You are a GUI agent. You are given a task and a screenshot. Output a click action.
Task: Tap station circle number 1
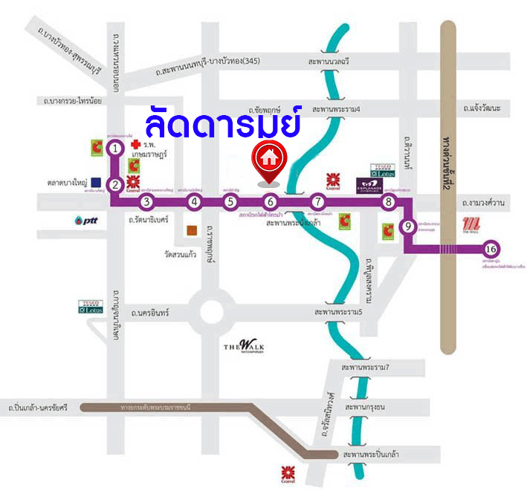click(x=115, y=149)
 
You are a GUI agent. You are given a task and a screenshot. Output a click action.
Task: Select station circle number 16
click(x=491, y=250)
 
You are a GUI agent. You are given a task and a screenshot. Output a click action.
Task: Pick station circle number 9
click(x=407, y=226)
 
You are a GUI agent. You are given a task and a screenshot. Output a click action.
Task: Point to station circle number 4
click(x=195, y=201)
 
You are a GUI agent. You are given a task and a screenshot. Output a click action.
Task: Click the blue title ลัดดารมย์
click(x=223, y=121)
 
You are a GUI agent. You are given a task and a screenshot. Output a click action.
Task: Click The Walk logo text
click(x=244, y=346)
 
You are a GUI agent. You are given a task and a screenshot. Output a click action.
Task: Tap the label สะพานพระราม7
click(x=366, y=368)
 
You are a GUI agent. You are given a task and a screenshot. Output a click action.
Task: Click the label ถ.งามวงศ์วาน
click(x=482, y=202)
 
